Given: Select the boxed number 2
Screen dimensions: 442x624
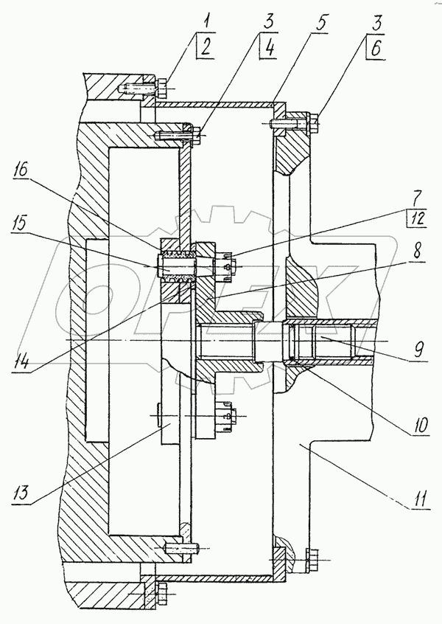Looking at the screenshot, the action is (205, 46).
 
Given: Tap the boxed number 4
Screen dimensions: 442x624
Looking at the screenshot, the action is (269, 47).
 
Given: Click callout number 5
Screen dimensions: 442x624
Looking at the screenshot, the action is (320, 24).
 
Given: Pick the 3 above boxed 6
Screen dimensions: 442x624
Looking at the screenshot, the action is (376, 23).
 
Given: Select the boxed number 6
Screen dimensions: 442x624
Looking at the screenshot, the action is (376, 48).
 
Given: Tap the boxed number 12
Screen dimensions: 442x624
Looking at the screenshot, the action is (418, 219).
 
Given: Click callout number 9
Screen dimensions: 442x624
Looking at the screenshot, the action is (418, 352).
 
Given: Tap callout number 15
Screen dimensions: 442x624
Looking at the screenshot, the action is (19, 225).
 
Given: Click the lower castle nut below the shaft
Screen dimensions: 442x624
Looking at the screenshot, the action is (225, 416).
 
